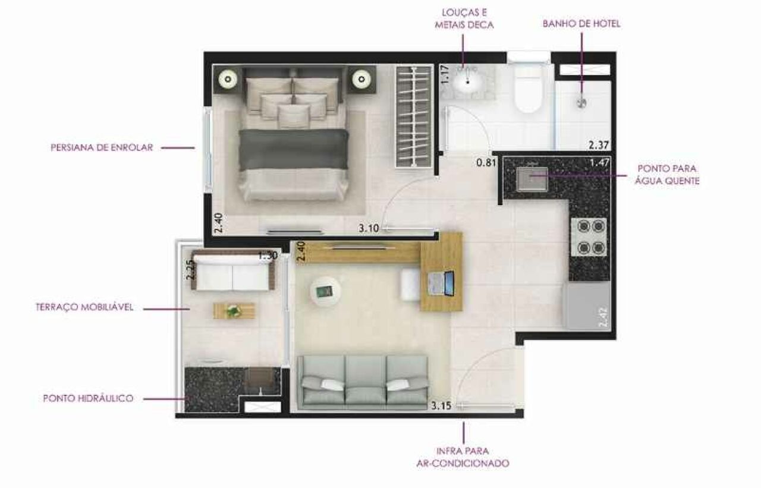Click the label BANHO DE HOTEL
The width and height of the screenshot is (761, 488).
[x=581, y=24]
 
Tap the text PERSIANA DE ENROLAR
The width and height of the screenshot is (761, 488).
[x=102, y=147]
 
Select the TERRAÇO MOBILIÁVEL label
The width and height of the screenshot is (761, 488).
[x=84, y=307]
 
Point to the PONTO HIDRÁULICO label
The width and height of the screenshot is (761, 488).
[x=89, y=398]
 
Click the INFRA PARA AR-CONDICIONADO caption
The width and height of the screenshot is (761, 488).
[x=463, y=457]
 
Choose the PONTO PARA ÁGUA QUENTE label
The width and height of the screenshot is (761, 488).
[x=667, y=175]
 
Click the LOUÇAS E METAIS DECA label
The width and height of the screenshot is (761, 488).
[x=464, y=18]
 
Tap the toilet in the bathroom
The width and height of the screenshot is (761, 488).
[x=528, y=87]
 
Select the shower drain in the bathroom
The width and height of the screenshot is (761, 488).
[x=581, y=103]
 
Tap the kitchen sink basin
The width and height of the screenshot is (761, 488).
[x=532, y=179]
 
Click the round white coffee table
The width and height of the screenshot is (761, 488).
[x=325, y=291]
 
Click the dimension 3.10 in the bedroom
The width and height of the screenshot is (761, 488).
[x=369, y=228]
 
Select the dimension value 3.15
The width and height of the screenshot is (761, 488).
[x=442, y=405]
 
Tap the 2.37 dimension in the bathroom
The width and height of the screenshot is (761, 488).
[x=599, y=146]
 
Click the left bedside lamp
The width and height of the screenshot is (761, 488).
[x=228, y=79]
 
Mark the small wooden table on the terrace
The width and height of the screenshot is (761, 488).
[x=234, y=310]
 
